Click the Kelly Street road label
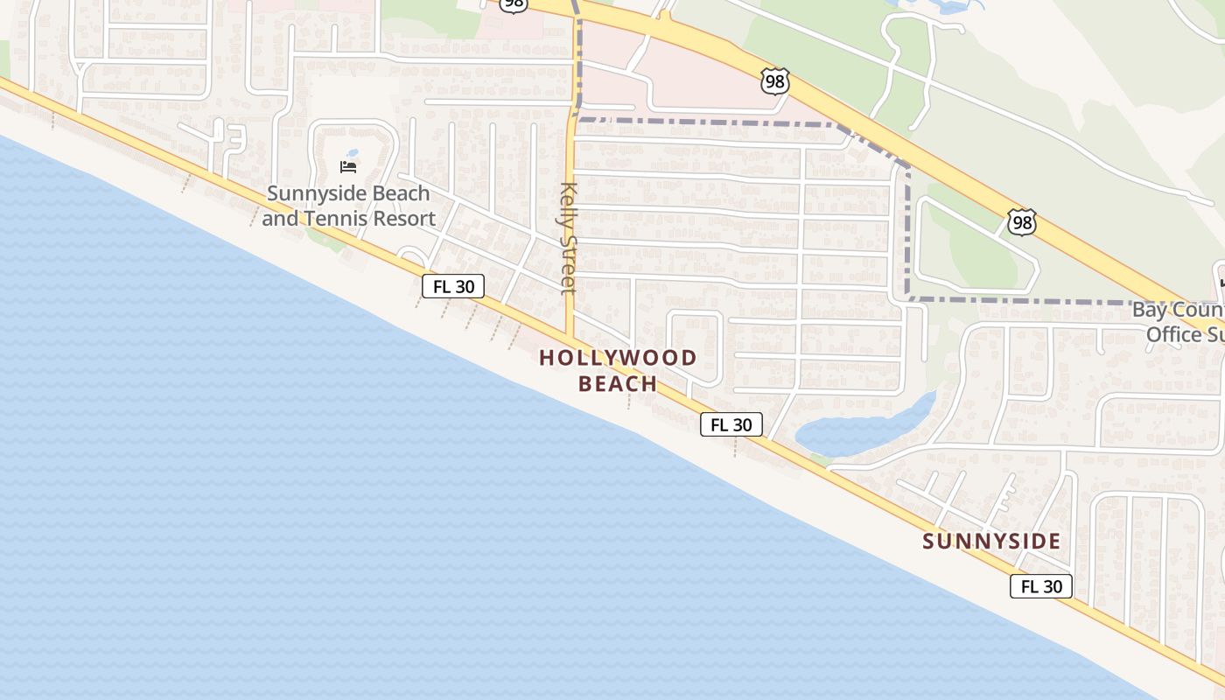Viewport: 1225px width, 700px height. [x=569, y=238]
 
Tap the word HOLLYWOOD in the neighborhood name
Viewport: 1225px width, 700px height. [x=618, y=358]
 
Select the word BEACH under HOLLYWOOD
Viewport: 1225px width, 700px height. [x=618, y=384]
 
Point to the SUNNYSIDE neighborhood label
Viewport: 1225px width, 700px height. [x=991, y=542]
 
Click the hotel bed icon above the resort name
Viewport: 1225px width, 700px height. [x=348, y=166]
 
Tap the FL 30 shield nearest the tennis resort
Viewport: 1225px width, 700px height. [x=452, y=286]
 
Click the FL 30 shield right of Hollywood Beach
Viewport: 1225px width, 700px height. [x=731, y=424]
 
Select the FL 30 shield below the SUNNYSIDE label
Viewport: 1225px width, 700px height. [x=1040, y=586]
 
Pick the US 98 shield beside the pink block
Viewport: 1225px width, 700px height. [x=774, y=82]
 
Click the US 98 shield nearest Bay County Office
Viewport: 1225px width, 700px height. [x=1021, y=222]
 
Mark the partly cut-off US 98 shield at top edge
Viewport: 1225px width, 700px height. [x=514, y=5]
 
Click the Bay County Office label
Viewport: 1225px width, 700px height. [x=1181, y=322]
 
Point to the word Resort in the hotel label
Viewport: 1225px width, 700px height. [x=405, y=219]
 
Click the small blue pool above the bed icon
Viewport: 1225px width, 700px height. [x=353, y=152]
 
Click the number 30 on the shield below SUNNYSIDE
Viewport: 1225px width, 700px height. [x=1053, y=586]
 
